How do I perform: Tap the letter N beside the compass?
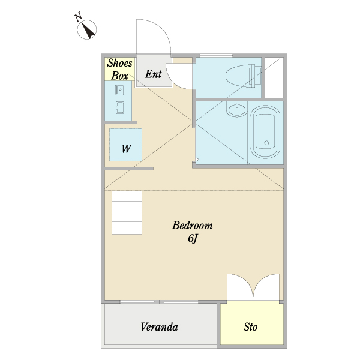78,17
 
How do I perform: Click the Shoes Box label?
119,69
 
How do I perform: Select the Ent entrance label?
153,74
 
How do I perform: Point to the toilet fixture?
244,76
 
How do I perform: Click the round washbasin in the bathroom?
237,109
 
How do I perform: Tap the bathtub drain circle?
266,143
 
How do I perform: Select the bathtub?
265,132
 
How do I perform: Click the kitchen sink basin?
120,89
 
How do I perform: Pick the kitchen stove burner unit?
120,107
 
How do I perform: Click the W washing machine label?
126,149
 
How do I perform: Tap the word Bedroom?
193,226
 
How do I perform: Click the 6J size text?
193,239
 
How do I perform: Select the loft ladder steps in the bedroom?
127,213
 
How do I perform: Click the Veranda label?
160,327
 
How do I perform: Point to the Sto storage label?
250,327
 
